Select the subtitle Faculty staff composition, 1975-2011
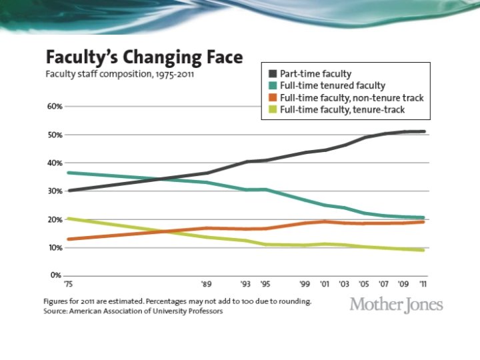120,73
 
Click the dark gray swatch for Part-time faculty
274,73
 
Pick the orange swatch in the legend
274,97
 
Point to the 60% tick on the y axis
54,107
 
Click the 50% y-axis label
54,135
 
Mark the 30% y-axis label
54,191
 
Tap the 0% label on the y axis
56,275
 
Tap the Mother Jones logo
396,305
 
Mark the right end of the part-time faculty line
423,131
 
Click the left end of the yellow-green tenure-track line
69,219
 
